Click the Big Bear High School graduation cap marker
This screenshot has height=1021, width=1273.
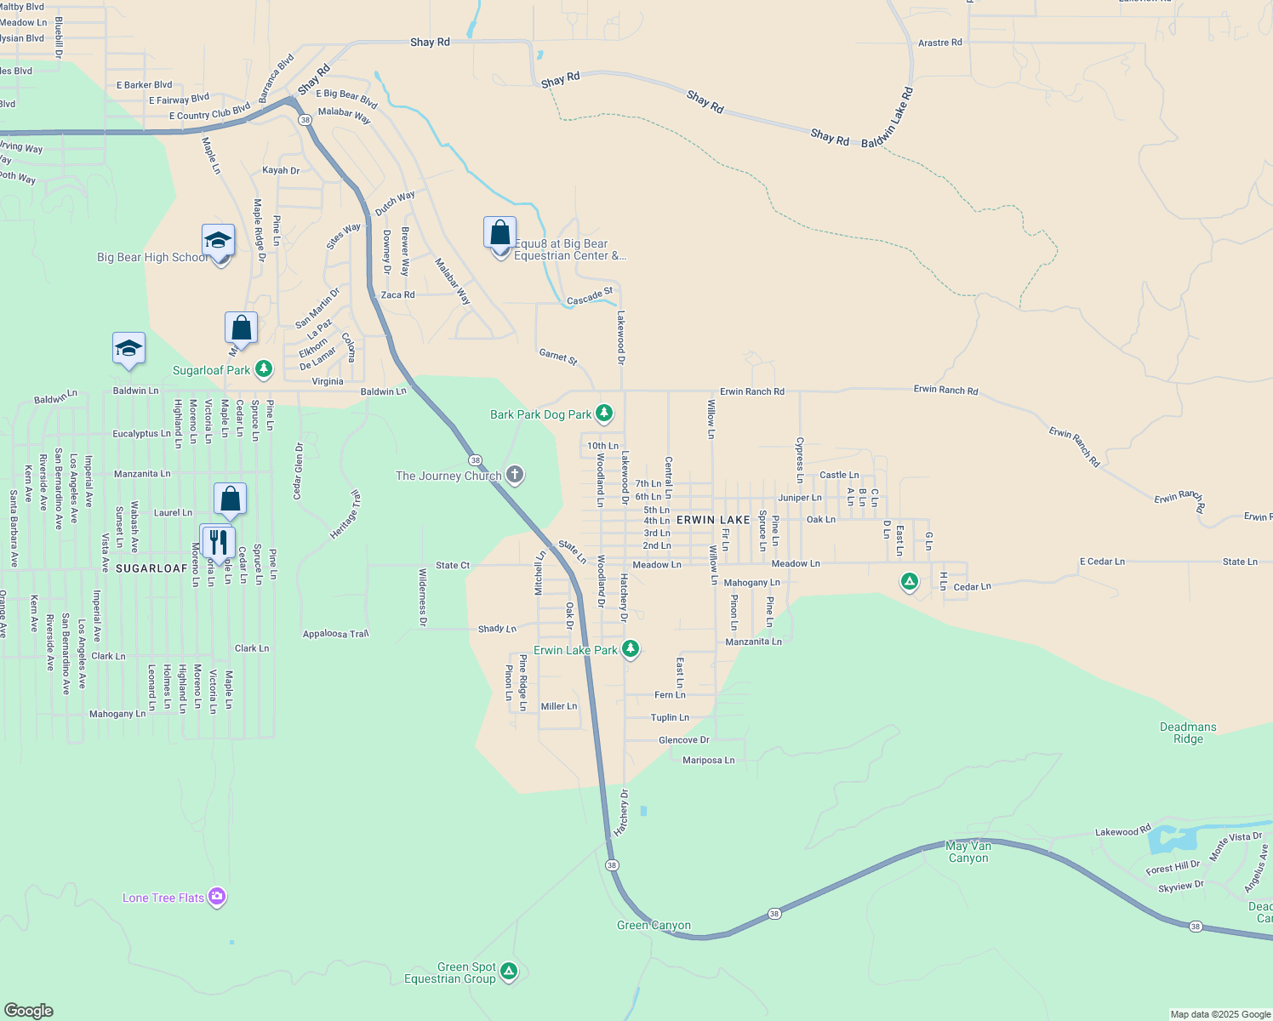tap(219, 242)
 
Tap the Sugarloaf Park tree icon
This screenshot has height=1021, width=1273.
tap(264, 369)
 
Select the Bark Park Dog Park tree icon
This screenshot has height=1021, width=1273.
tap(604, 414)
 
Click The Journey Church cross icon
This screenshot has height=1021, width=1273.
tap(514, 475)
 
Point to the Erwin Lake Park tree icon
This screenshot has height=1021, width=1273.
tap(630, 650)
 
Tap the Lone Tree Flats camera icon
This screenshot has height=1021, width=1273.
tap(217, 897)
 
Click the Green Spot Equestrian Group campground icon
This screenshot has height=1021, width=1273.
tap(509, 971)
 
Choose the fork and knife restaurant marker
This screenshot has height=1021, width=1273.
tap(218, 541)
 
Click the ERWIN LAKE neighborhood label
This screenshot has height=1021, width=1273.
tap(713, 520)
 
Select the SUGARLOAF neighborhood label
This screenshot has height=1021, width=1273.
tap(151, 568)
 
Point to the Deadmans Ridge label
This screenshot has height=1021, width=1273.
tap(1188, 733)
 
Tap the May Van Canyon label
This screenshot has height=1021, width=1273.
tap(968, 852)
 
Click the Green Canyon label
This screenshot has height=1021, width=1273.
tap(654, 926)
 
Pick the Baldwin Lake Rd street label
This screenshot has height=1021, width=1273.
tap(887, 117)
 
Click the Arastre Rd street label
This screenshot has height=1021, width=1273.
tap(939, 43)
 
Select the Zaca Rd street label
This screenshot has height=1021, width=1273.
tap(397, 295)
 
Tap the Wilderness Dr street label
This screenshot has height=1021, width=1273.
tap(422, 598)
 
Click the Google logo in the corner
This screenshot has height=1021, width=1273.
tap(29, 1010)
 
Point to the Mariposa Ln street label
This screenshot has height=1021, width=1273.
tap(708, 761)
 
